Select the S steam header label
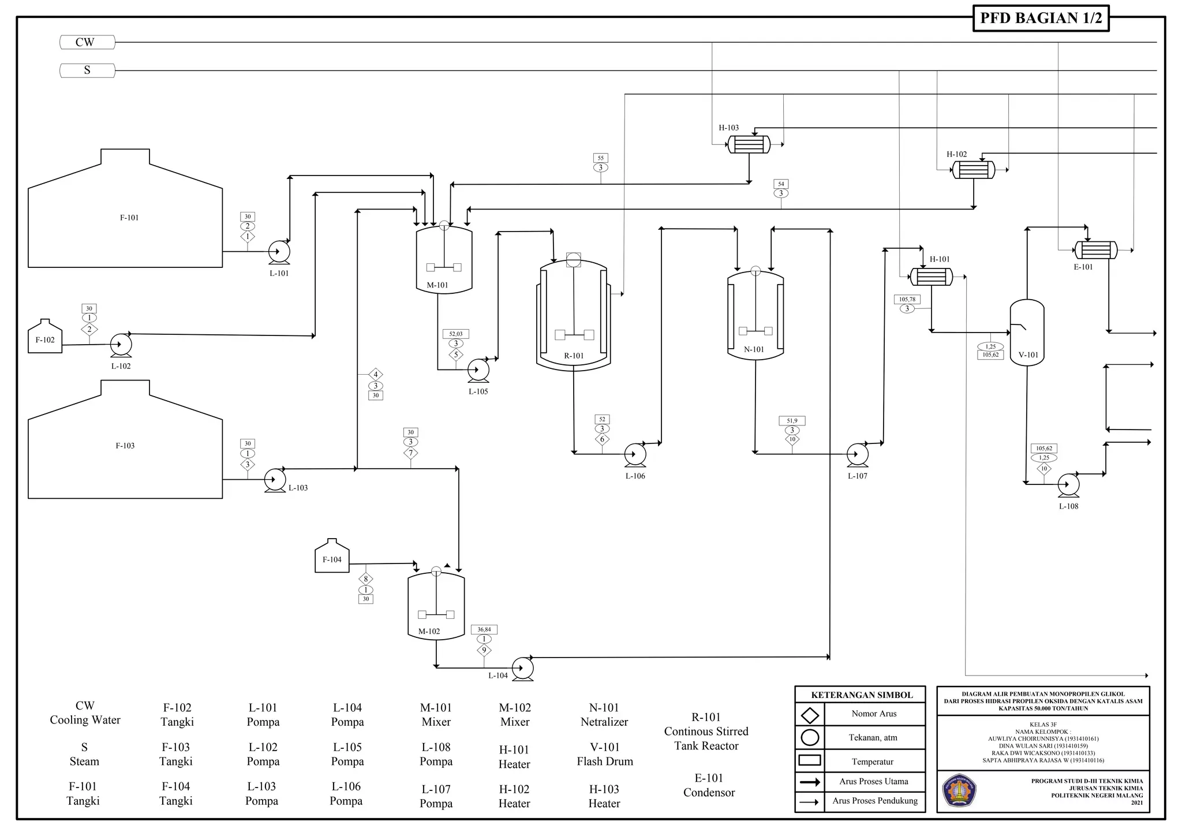[x=87, y=70]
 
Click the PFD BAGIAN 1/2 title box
[x=1041, y=18]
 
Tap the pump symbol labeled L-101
[x=279, y=252]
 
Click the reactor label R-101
[x=574, y=356]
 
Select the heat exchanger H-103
[x=749, y=144]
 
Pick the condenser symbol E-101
[x=1095, y=250]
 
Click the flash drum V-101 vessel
[x=1027, y=332]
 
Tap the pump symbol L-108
[x=1068, y=486]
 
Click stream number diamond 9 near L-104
[x=484, y=650]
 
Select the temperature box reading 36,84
[x=484, y=629]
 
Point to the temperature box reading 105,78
[x=907, y=299]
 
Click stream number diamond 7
[x=410, y=453]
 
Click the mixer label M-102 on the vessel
[x=429, y=631]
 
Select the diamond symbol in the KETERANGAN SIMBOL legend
[x=810, y=715]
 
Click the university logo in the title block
[x=959, y=790]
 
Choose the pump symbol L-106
[x=635, y=455]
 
